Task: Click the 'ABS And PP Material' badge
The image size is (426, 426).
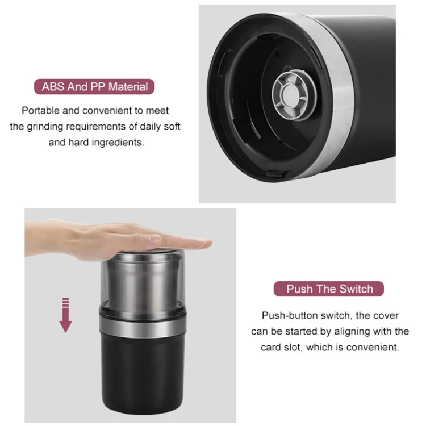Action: [94, 87]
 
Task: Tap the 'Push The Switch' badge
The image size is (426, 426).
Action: [329, 289]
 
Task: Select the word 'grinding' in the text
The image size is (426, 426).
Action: [45, 127]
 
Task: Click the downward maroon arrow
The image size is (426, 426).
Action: [65, 315]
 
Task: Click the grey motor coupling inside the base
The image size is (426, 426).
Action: [294, 94]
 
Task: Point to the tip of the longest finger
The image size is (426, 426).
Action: [211, 242]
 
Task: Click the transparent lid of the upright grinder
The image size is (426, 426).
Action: [143, 282]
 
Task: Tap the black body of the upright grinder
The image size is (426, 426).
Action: [143, 374]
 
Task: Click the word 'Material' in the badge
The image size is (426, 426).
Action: [128, 87]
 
